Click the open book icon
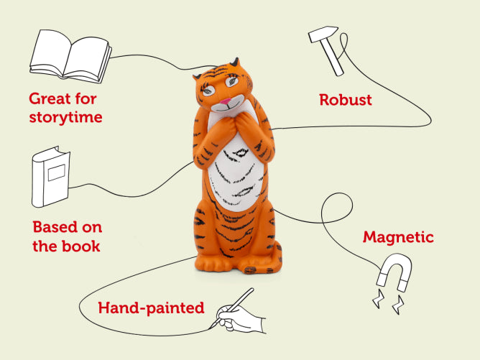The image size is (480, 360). [70, 55]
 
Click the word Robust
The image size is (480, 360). [346, 100]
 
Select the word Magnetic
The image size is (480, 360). [398, 237]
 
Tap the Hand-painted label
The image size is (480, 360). [151, 308]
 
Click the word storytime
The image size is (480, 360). [65, 117]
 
